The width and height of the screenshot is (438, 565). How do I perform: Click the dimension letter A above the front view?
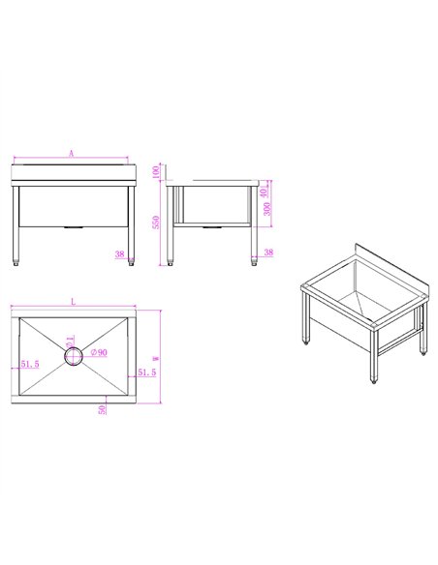pos(72,153)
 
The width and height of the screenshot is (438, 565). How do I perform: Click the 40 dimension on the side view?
pos(268,185)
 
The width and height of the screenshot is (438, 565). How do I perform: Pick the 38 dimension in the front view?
pos(119,254)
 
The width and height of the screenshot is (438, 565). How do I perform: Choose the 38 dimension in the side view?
pos(268,253)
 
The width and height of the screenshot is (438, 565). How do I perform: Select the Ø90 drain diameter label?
pos(98,352)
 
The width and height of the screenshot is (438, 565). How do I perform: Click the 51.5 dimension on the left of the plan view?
pos(29,365)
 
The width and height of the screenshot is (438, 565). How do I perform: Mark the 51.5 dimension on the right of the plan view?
pos(146,372)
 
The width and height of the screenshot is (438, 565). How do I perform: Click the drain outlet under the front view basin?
pos(74,227)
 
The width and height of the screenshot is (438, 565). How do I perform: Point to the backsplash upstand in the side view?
pos(254,181)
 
